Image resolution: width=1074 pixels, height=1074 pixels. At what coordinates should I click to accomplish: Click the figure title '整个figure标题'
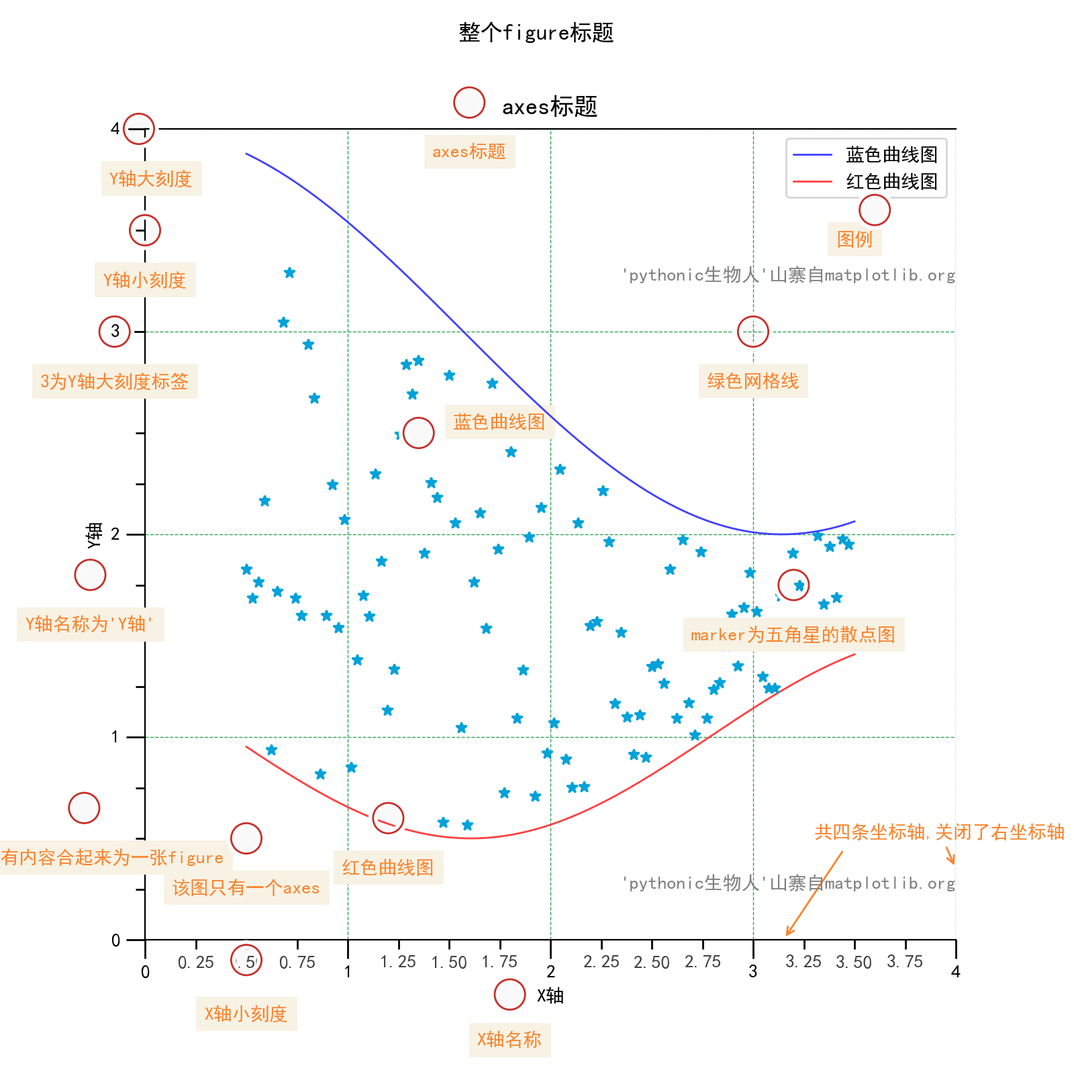[536, 32]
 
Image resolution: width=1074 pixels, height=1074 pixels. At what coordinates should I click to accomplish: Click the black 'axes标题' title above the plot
[549, 107]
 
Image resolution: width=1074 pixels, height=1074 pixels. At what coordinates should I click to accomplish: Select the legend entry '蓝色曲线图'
[891, 155]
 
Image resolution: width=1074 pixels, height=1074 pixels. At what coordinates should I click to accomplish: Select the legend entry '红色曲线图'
[891, 182]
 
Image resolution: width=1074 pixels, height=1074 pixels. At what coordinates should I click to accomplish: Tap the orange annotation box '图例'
[854, 239]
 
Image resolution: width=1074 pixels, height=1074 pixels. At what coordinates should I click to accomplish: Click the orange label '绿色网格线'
[752, 381]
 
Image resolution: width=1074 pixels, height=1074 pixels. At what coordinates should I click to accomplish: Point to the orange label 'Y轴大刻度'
[151, 179]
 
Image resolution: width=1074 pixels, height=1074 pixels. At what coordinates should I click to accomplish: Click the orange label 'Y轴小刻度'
[144, 280]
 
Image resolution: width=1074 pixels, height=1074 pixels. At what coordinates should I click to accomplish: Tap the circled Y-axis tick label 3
[115, 331]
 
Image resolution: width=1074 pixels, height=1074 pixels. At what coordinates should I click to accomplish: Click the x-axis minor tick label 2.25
[601, 962]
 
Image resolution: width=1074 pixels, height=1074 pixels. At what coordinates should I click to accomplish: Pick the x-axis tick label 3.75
[904, 962]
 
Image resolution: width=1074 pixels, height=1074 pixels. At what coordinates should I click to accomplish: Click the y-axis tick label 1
[115, 737]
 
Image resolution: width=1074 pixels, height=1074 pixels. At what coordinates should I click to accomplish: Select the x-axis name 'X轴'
[550, 995]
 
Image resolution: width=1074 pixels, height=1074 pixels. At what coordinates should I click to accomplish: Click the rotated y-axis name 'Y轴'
[94, 535]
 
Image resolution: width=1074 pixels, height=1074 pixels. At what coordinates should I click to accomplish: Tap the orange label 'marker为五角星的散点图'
[793, 635]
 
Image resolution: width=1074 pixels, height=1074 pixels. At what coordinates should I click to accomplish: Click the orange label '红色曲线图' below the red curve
[388, 867]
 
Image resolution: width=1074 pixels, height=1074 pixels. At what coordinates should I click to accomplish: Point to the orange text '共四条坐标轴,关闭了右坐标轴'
[939, 832]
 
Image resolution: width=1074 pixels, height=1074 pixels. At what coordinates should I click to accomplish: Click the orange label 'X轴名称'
[509, 1040]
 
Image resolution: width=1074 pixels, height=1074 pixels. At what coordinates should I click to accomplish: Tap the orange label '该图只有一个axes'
[246, 888]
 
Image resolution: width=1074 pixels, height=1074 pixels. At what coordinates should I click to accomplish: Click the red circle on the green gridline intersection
[752, 332]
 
